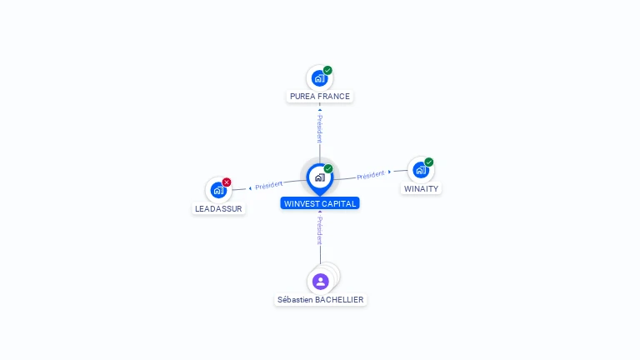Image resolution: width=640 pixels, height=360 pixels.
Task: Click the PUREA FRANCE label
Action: point(320,97)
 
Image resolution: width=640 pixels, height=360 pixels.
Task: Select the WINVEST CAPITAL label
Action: point(320,203)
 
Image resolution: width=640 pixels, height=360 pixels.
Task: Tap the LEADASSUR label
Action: point(219,208)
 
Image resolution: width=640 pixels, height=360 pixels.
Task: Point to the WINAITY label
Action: point(421,188)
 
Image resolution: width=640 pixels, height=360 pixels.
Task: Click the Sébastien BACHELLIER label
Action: point(321,299)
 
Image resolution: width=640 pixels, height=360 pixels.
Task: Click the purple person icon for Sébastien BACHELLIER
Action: point(321,282)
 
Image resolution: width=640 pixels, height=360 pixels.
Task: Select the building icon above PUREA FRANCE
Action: point(318,78)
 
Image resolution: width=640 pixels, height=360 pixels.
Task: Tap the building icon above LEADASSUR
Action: point(218,190)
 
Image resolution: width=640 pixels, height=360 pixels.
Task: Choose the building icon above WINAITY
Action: point(420,170)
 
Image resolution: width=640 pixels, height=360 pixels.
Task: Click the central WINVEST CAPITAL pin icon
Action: point(319,177)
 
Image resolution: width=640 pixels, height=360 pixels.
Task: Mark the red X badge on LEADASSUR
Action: point(227,182)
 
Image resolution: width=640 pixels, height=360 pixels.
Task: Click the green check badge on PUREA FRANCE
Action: point(327,71)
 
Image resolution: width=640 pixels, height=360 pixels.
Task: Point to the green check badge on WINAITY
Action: point(429,162)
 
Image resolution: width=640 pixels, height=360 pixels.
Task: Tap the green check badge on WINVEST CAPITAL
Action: point(328,169)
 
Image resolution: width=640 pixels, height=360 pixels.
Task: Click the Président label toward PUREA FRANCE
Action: point(319,128)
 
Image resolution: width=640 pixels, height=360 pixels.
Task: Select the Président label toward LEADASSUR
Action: point(269,185)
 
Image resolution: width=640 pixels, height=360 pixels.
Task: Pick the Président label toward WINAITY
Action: point(371,175)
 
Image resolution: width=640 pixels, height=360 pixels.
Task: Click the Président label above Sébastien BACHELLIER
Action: point(319,230)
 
